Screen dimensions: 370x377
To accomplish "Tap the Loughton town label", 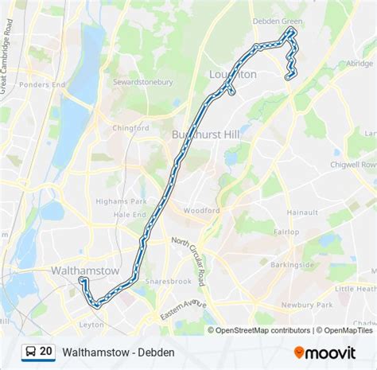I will [x=232, y=74].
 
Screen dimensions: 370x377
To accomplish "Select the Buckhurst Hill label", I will [x=205, y=134].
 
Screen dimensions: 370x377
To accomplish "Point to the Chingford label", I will [x=130, y=127].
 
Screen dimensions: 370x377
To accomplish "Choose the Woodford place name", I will [x=200, y=211].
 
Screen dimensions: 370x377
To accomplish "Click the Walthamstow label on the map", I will [x=84, y=271].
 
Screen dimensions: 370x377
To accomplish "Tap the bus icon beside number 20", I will [x=29, y=351].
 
